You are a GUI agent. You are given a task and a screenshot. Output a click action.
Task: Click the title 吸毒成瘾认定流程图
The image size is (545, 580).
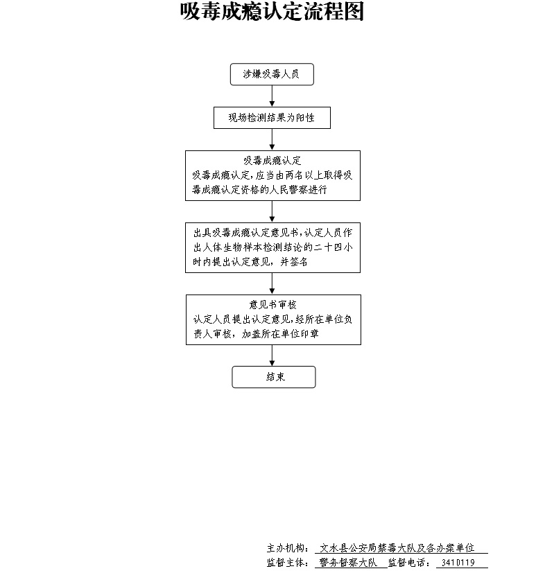[272, 12]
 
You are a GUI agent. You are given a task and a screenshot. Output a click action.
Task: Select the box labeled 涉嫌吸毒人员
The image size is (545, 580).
[272, 75]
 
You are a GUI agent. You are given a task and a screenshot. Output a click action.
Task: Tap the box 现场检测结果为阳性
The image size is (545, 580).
[272, 118]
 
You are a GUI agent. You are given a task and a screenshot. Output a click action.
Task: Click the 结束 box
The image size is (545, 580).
[273, 377]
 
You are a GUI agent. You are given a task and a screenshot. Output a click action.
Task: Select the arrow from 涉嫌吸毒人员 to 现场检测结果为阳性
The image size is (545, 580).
[272, 96]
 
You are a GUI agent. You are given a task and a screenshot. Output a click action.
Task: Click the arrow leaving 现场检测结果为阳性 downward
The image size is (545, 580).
[272, 139]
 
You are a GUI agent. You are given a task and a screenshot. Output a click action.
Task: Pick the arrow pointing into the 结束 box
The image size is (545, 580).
[272, 355]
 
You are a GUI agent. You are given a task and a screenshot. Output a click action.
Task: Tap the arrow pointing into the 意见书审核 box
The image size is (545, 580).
[272, 283]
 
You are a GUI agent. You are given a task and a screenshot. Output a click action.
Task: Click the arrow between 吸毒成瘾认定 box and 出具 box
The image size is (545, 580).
[272, 211]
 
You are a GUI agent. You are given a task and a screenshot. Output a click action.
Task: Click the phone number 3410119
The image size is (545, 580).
[460, 563]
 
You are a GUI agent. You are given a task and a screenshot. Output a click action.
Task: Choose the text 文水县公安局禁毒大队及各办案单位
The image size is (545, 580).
[401, 548]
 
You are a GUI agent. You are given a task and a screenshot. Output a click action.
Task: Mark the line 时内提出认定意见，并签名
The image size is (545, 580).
[250, 263]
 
